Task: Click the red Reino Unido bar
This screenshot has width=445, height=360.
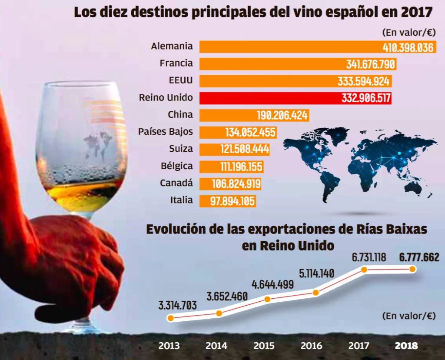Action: (296, 98)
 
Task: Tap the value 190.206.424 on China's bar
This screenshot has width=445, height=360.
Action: (282, 115)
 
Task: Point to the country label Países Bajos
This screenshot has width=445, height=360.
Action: (165, 131)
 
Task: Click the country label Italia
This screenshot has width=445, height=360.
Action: (182, 200)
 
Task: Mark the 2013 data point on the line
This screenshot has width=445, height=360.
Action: (171, 318)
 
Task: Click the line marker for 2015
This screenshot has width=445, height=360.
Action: (267, 299)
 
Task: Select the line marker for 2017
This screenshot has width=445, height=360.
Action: (364, 270)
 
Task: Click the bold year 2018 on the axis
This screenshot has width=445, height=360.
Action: (406, 346)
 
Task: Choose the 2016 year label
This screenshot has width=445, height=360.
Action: (311, 346)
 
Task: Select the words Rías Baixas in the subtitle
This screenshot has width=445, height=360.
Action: (390, 229)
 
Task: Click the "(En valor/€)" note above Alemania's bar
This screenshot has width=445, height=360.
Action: (408, 33)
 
